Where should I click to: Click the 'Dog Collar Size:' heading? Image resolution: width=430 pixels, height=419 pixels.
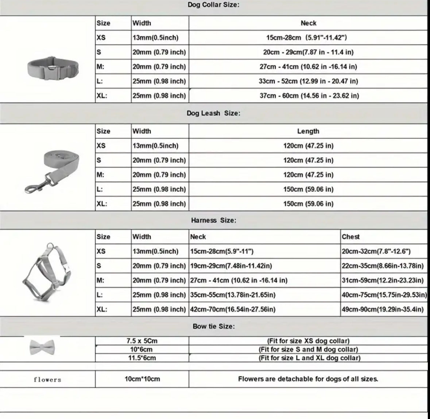213,5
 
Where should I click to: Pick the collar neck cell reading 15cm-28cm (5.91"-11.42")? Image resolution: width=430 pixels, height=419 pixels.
306,38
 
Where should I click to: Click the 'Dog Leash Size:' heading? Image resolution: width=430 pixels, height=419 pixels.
213,113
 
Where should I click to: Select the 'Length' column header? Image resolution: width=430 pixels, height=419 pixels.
308,131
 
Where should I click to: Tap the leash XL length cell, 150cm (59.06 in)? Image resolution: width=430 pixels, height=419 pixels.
308,203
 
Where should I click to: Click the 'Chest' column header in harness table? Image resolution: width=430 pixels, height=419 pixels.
350,237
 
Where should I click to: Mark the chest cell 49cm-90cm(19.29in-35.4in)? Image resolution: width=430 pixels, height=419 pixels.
383,309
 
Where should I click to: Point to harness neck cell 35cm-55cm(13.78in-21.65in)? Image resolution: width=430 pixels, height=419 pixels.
233,295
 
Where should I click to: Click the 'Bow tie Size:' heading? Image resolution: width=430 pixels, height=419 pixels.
213,326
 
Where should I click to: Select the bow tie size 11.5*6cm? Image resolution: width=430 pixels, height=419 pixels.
142,358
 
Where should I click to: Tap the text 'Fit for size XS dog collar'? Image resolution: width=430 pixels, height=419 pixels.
308,341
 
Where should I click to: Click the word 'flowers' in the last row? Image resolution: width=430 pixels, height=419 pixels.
47,380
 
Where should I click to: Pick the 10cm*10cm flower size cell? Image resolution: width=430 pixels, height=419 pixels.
142,379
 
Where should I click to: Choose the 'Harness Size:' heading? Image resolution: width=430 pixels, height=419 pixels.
213,220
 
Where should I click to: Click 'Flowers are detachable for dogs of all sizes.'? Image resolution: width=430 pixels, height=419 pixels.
308,379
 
